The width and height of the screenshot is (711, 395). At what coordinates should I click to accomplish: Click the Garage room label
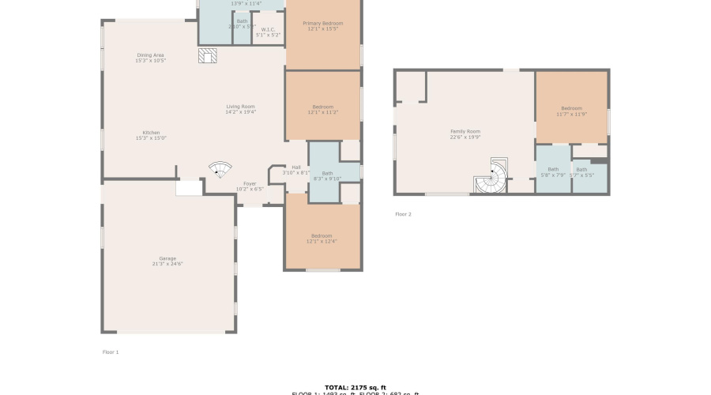(x=167, y=261)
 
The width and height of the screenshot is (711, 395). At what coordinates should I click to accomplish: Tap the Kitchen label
(x=151, y=135)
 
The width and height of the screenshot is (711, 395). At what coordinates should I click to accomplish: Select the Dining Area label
(x=150, y=57)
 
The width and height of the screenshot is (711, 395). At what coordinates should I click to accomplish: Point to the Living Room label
(x=240, y=109)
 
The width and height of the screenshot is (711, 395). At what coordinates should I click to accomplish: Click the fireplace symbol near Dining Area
(x=207, y=55)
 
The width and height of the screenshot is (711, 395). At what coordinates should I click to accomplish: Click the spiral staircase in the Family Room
(x=491, y=177)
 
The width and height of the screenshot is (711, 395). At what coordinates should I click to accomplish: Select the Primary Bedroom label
(x=322, y=26)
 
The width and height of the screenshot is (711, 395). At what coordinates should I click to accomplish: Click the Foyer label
(x=249, y=186)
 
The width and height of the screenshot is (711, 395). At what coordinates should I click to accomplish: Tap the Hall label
(x=296, y=169)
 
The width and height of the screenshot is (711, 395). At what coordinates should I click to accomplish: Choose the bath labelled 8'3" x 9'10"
(x=327, y=175)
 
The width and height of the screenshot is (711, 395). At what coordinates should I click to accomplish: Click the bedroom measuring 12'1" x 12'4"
(x=322, y=239)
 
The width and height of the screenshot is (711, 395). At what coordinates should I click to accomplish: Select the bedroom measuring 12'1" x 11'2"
(x=322, y=109)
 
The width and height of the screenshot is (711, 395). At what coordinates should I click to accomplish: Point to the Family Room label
(x=465, y=134)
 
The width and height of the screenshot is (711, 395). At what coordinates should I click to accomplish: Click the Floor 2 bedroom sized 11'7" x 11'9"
(x=571, y=111)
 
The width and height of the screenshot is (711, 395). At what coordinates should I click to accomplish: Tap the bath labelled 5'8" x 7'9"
(x=553, y=171)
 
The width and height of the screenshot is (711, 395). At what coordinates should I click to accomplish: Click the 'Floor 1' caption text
(x=111, y=352)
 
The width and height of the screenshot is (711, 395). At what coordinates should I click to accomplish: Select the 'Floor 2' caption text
(x=403, y=214)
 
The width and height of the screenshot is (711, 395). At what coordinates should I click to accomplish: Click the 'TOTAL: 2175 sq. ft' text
(x=355, y=387)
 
